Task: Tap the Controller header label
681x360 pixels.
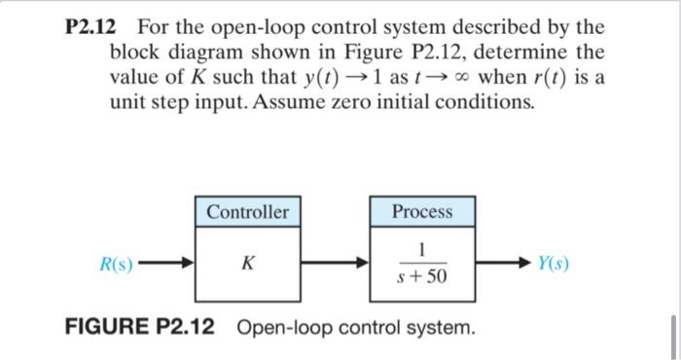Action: (x=248, y=211)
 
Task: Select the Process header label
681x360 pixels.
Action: (x=422, y=211)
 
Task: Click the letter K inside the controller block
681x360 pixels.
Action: (x=248, y=263)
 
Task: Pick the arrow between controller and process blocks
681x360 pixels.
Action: (x=335, y=263)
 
